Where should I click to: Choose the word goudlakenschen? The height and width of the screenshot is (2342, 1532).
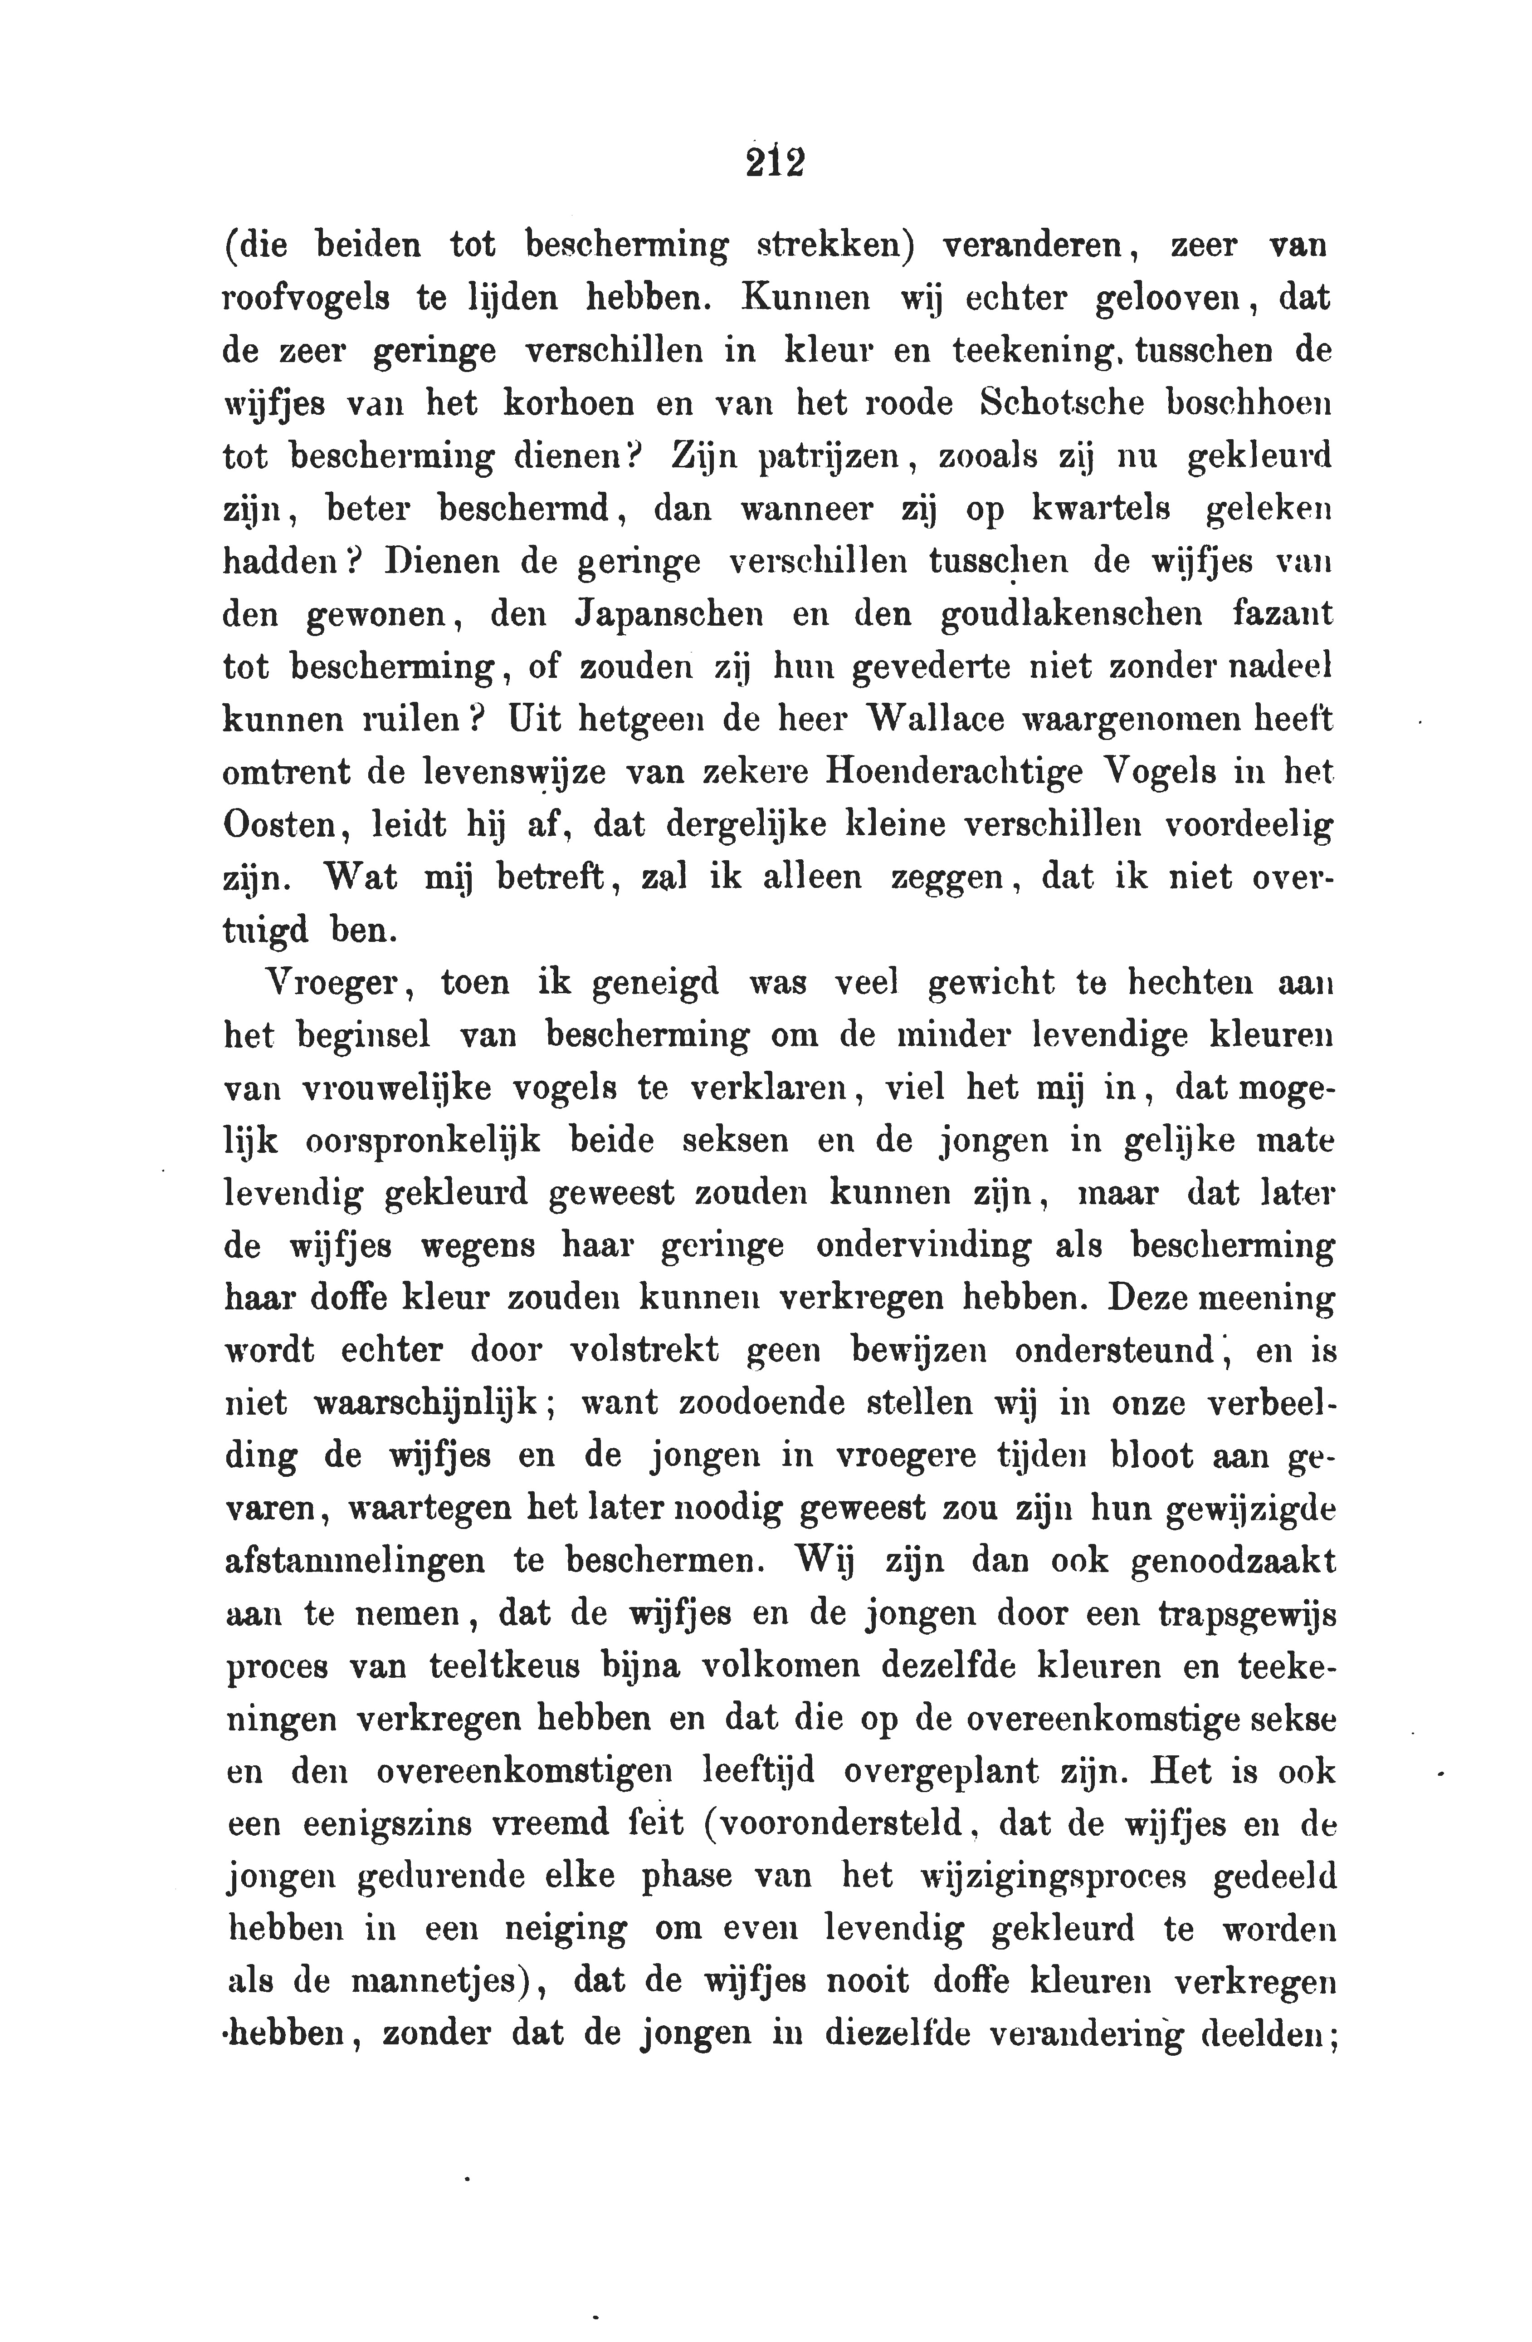click(1072, 616)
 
